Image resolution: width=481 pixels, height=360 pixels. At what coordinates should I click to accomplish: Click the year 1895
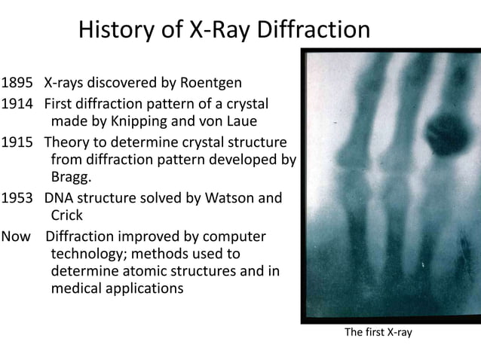(17, 82)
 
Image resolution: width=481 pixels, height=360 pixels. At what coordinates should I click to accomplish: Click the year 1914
(17, 103)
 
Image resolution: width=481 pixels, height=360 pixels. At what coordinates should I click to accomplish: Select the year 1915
(17, 142)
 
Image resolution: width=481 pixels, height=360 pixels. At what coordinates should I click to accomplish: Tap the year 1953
(17, 199)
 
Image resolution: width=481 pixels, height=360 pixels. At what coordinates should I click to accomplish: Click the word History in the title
(118, 31)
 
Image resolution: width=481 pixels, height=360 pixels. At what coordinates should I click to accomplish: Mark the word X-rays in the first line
(66, 82)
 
